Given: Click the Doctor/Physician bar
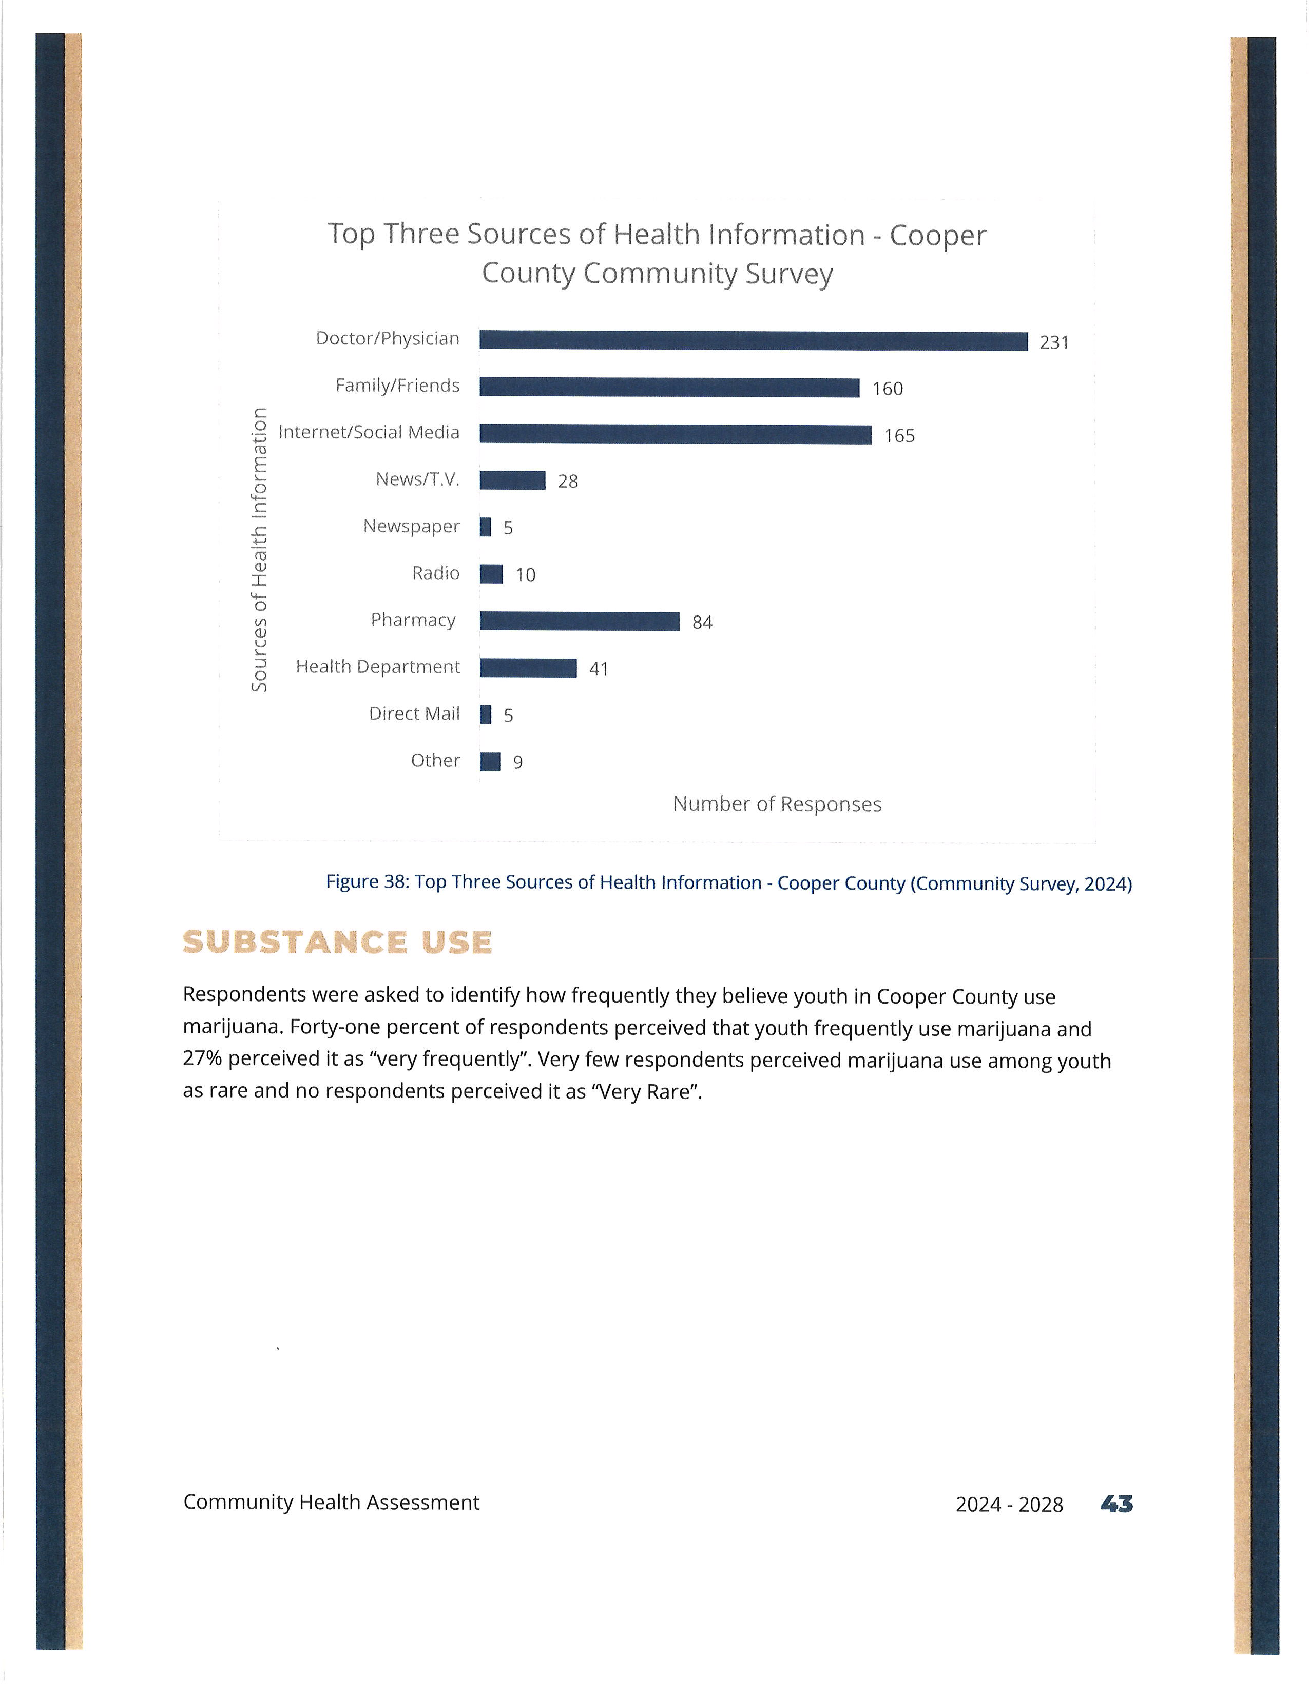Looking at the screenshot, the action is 754,340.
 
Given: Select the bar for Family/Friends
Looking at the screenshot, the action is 670,387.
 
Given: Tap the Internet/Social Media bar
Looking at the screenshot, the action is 676,434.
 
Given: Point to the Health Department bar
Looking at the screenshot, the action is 528,668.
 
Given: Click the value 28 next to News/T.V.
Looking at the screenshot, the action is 568,482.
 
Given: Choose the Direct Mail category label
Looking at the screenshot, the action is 414,714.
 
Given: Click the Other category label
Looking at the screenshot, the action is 435,760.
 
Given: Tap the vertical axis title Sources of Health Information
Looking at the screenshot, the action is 259,549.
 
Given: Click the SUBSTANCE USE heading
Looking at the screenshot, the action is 337,942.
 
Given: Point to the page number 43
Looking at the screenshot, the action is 1116,1505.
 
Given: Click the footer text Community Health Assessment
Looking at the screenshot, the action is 331,1503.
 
